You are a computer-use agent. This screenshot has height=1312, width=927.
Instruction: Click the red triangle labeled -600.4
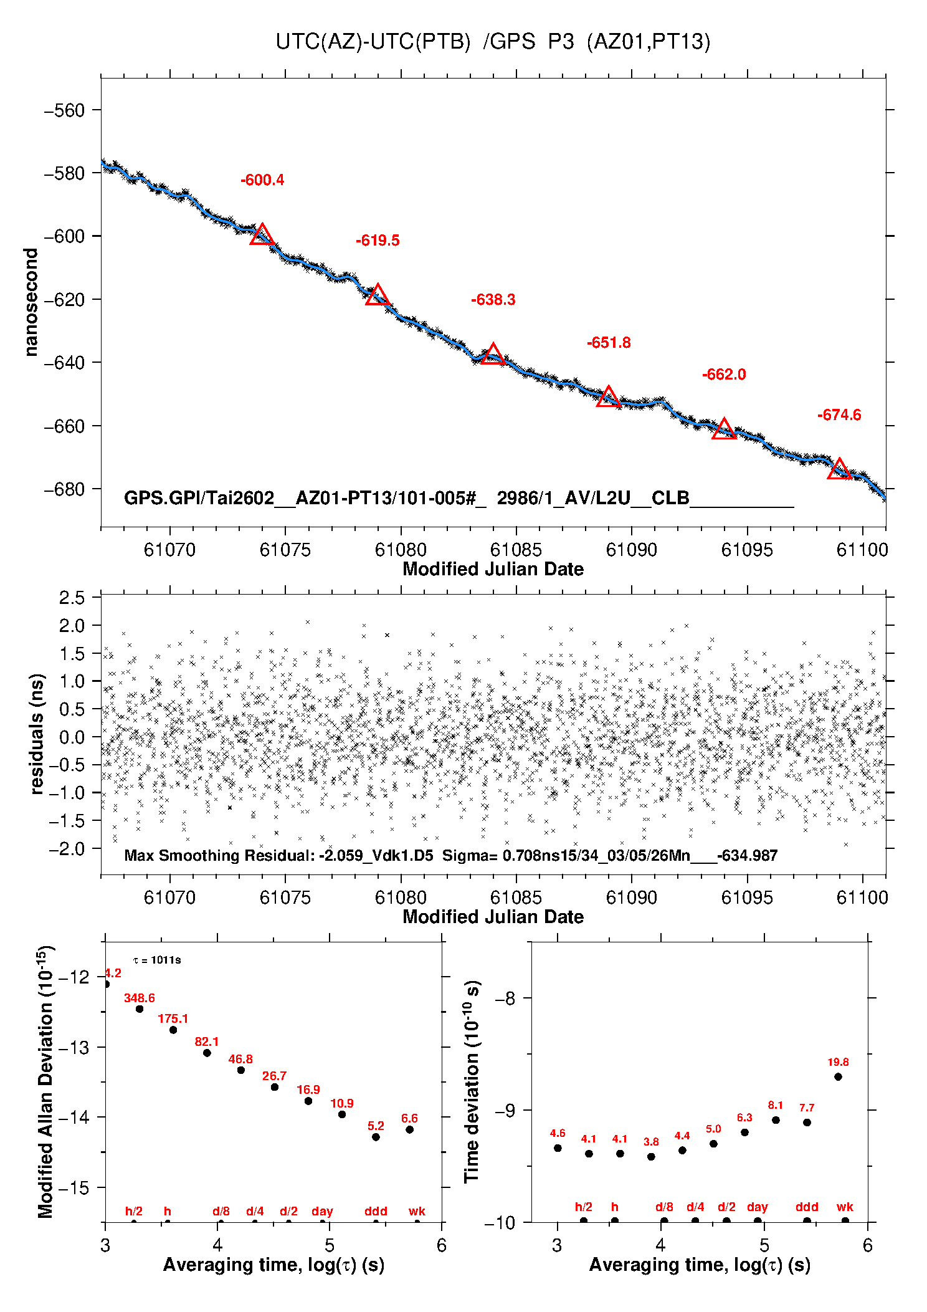pos(262,235)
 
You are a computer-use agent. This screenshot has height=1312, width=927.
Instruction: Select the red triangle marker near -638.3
pos(493,355)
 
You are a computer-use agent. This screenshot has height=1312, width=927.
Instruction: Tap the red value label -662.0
pos(724,375)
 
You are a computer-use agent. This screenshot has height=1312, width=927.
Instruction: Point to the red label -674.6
pos(839,415)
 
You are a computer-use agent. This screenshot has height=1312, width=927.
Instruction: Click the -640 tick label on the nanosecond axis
pos(64,363)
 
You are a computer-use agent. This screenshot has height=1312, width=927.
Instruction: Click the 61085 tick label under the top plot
pos(516,550)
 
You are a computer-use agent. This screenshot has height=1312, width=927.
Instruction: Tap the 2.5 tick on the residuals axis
pos(72,598)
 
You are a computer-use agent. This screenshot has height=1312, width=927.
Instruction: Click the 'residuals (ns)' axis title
pos(37,734)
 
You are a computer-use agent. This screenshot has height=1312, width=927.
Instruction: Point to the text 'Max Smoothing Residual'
pos(219,855)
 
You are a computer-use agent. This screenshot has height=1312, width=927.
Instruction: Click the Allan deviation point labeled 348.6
pos(140,1008)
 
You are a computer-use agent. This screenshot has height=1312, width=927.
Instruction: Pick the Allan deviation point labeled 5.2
pos(376,1137)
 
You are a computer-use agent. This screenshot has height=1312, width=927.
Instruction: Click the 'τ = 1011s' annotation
pos(157,960)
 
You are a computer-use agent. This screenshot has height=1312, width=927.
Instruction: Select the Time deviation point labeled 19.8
pos(838,1076)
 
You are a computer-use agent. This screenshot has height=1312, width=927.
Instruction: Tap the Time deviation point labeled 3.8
pos(651,1156)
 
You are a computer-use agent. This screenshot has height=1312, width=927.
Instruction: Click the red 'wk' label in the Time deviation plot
pos(845,1207)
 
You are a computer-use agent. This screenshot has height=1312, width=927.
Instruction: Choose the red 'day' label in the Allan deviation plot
pos(322,1211)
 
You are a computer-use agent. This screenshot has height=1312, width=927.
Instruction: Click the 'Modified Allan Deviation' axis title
pos(45,1081)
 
